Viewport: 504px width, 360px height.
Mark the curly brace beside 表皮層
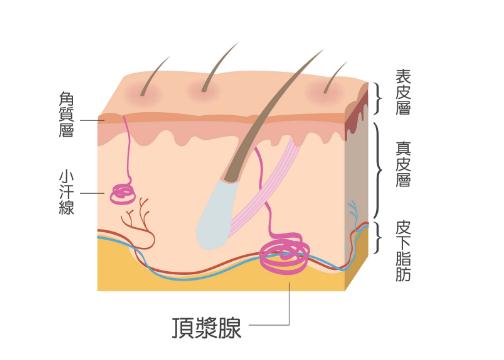(381, 96)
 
